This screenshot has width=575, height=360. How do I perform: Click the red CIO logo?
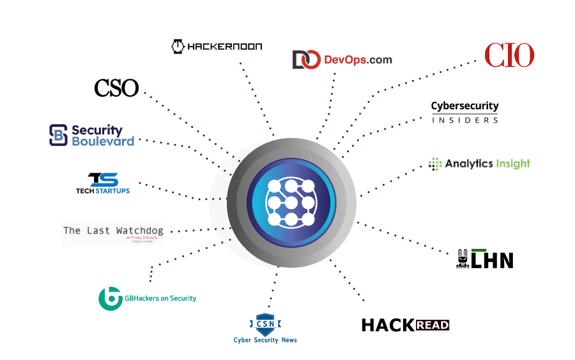tap(509, 56)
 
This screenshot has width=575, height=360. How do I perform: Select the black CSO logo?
tap(116, 88)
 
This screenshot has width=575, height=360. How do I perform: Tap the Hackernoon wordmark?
tap(224, 46)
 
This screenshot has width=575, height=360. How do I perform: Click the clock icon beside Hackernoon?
tap(178, 46)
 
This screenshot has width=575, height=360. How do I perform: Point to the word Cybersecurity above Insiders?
tap(464, 106)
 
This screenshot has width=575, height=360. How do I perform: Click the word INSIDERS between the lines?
tap(464, 120)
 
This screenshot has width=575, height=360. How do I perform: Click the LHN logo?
tap(485, 258)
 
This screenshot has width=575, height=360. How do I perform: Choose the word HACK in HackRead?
tap(388, 325)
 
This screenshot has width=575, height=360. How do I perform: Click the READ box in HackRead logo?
tap(432, 325)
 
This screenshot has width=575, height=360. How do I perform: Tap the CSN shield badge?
tap(265, 324)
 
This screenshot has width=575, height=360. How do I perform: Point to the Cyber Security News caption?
tap(265, 340)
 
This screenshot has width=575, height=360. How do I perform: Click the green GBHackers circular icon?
tap(110, 298)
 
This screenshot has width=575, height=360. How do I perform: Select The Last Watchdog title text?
tap(113, 230)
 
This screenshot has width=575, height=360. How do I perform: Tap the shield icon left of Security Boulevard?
tap(59, 135)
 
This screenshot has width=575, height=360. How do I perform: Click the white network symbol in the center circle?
tap(291, 202)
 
